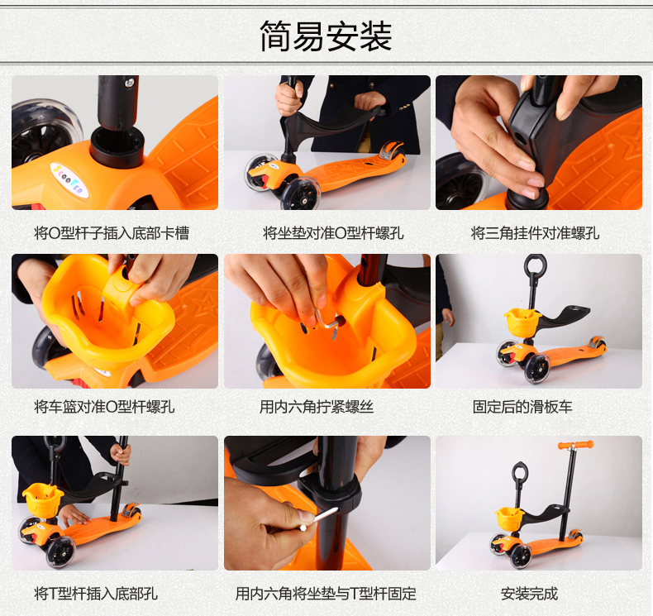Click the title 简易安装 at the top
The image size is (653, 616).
tap(326, 36)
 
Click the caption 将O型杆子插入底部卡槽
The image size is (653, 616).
tap(112, 233)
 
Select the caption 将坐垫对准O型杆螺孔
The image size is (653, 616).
tap(333, 233)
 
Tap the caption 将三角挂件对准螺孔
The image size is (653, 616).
tap(535, 233)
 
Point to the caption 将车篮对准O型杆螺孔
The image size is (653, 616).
tap(104, 407)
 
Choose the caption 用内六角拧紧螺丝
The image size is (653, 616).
tap(317, 407)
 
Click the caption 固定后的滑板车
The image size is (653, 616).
tap(522, 407)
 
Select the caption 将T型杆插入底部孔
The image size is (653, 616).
tap(96, 594)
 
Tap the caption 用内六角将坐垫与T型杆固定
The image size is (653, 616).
tap(326, 594)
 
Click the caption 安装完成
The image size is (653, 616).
tap(529, 594)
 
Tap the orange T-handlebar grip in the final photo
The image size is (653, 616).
tap(576, 444)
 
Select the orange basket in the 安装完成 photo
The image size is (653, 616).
tap(510, 518)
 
